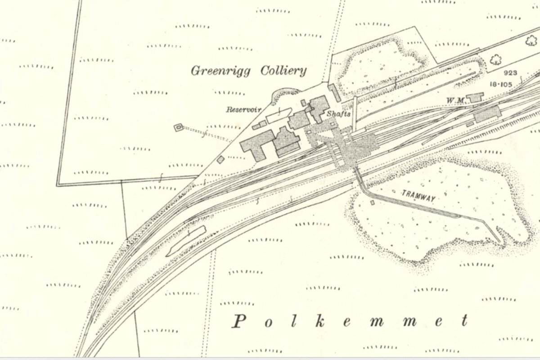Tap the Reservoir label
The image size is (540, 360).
244,109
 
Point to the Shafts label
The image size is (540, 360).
338,114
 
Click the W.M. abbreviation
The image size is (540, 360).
455,100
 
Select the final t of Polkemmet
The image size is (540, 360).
464,321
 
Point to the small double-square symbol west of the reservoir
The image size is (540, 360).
179,127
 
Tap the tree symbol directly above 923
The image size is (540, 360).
496,59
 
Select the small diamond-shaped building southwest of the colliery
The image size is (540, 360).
220,159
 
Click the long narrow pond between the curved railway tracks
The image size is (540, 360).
186,240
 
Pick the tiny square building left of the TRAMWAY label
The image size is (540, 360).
372,202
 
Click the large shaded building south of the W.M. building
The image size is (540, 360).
486,113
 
